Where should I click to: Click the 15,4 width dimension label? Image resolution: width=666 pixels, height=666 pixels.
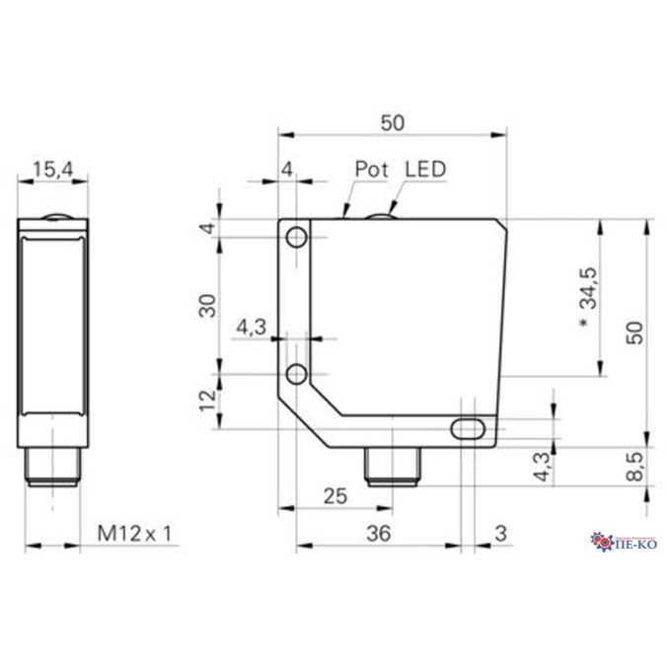click(53, 170)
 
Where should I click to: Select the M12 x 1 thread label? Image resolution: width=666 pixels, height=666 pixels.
click(134, 534)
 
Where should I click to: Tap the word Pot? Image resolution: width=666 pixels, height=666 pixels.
click(371, 169)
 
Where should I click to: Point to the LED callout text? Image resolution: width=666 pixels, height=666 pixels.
click(425, 169)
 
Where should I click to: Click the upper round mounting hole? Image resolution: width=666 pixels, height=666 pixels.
click(297, 237)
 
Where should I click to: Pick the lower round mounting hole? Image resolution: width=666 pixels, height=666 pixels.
click(297, 374)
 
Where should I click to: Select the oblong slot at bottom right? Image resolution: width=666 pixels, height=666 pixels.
click(468, 428)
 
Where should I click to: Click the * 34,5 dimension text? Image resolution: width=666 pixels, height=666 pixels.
click(589, 299)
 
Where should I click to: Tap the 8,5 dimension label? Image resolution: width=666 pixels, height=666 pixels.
click(635, 467)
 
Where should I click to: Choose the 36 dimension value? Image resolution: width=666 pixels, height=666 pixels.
click(379, 534)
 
